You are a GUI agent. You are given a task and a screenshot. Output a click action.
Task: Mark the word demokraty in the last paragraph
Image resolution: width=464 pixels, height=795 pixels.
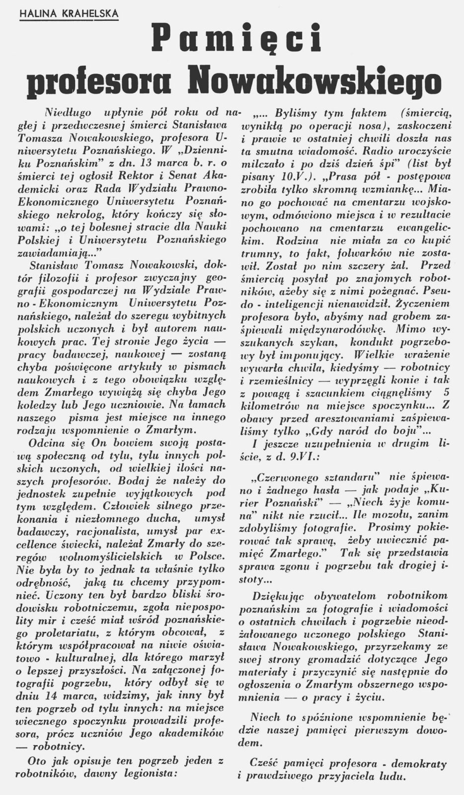coord(421,763)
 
